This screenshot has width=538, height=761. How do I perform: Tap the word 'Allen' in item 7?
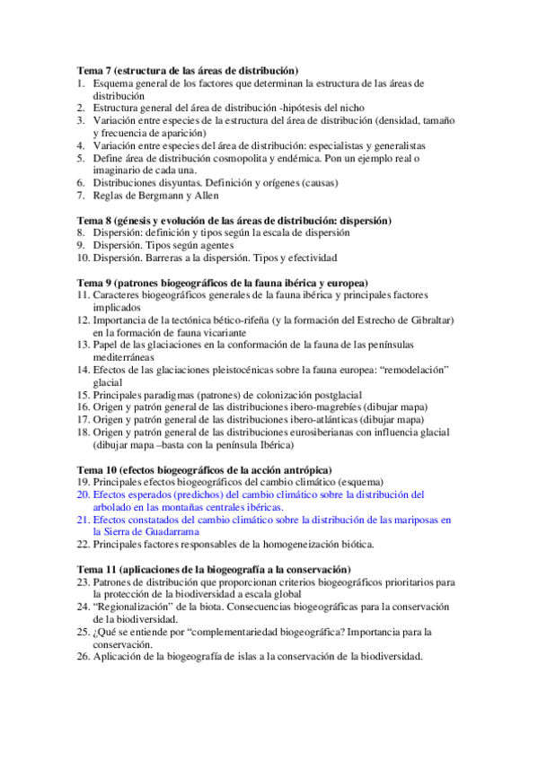(x=204, y=196)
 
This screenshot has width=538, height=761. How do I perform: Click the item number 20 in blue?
(x=83, y=494)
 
